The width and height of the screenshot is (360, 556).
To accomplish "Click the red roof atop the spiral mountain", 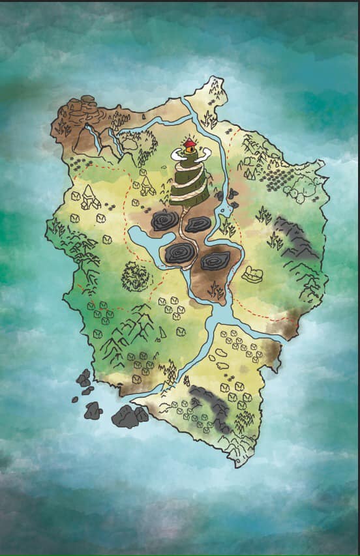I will coord(189,143).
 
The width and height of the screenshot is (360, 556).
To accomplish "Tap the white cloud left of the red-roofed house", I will coord(177,154).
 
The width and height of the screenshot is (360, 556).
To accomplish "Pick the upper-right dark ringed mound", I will coord(198,224).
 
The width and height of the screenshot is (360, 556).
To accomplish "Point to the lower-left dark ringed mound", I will coord(179,254).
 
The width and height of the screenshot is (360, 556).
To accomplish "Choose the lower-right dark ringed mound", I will coord(214,261).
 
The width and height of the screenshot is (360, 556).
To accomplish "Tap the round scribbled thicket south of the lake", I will coord(136,276).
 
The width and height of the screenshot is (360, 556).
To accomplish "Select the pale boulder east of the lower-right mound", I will coord(252,274).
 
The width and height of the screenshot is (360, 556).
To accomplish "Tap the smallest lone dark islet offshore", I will coord(75,399).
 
